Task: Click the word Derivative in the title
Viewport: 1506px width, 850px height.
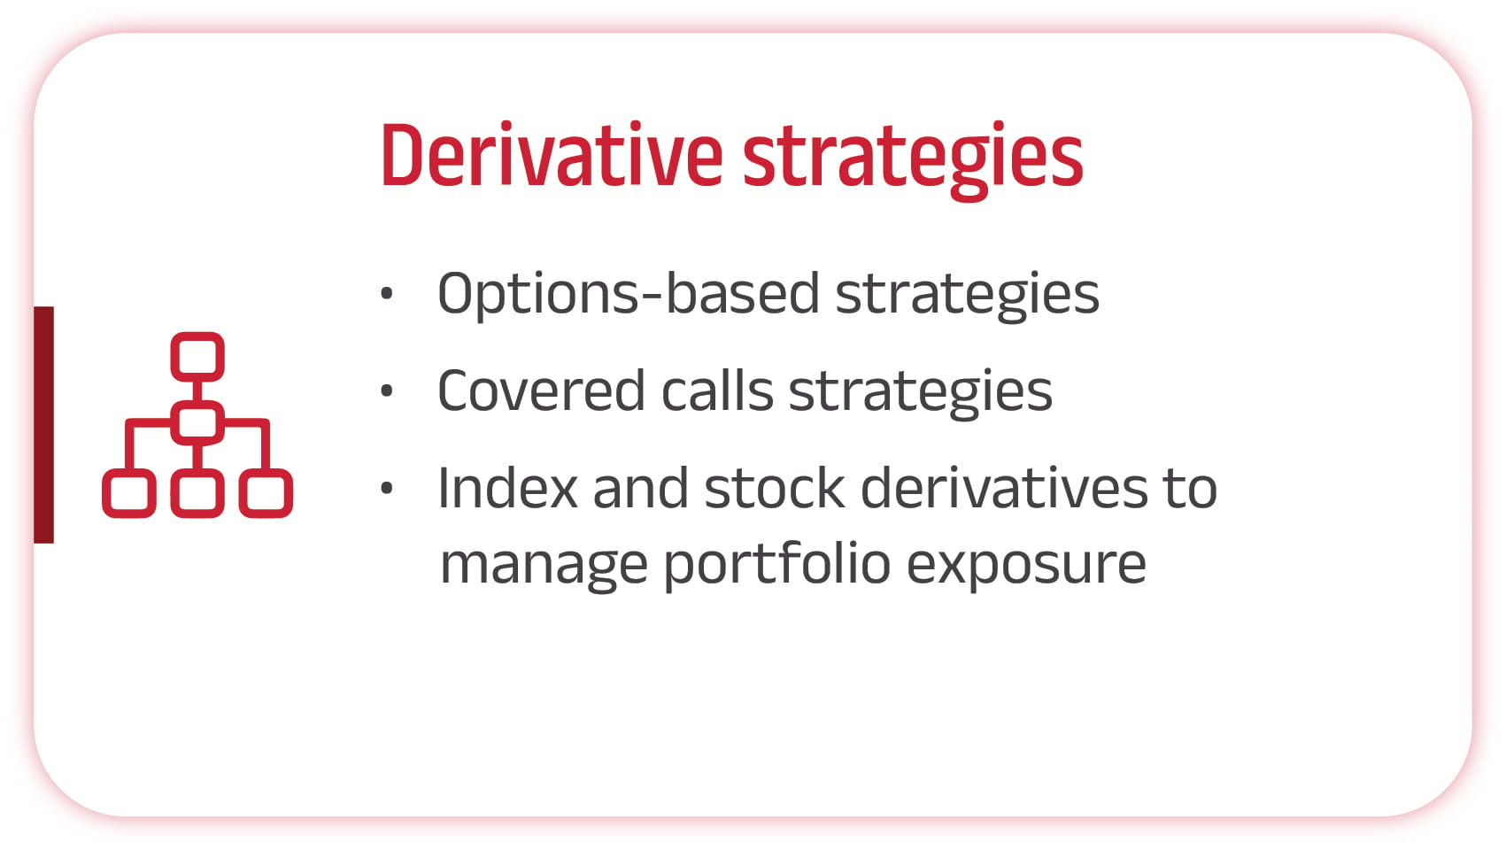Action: pos(552,155)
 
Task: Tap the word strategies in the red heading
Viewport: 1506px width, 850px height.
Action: pos(913,161)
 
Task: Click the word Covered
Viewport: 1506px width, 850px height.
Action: pos(541,390)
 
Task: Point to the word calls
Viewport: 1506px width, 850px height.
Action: pos(717,390)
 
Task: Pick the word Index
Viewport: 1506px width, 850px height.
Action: pos(507,488)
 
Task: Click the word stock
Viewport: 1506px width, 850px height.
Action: pos(774,488)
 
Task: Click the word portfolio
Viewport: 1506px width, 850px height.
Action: pos(777,566)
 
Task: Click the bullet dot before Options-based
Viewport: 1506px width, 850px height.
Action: pos(387,293)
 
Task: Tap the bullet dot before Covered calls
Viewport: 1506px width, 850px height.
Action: pos(387,390)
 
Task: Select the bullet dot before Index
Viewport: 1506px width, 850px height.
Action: pos(387,488)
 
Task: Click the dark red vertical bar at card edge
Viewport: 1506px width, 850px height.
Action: pos(43,424)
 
